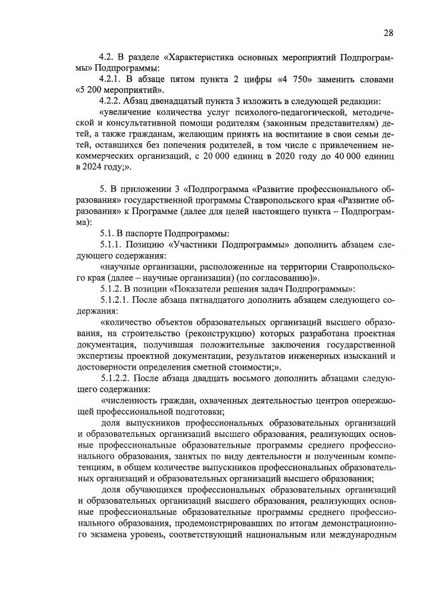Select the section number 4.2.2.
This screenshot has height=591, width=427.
click(x=111, y=101)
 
